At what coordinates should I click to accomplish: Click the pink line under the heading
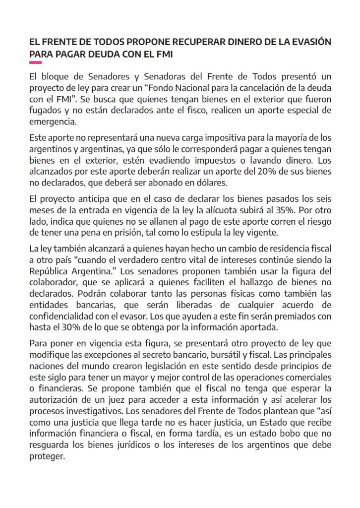coord(35,63)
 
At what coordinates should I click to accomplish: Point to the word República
coord(50,271)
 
